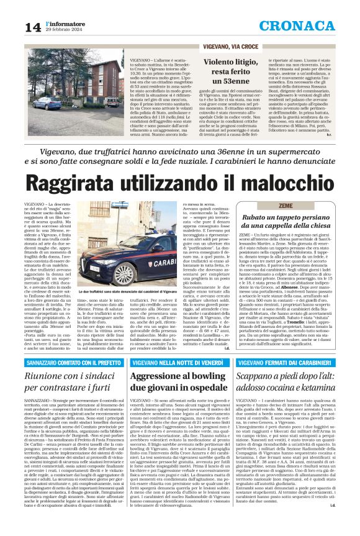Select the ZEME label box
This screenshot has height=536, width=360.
(251, 205)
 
